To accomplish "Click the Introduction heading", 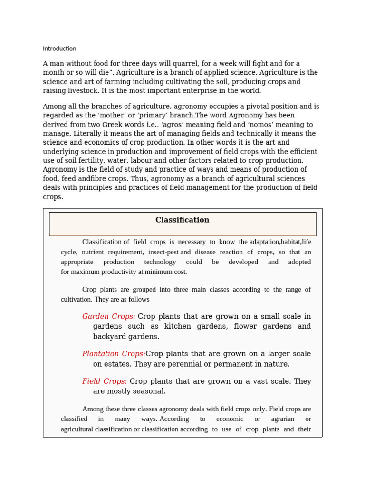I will coord(59,49).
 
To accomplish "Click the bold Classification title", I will coord(182,220).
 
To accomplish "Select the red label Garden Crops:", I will coord(108,316).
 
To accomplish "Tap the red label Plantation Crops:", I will coord(114,354).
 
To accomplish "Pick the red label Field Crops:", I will coord(104,381).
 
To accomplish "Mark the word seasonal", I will coord(149,391).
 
